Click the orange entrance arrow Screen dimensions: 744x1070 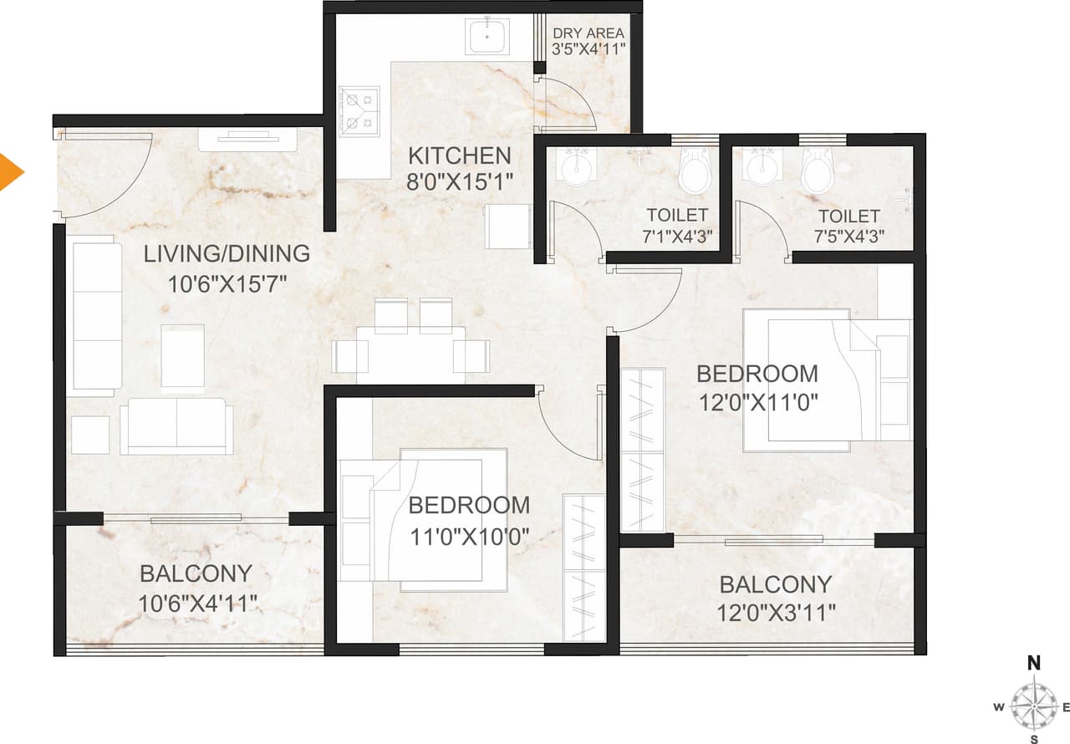coord(10,171)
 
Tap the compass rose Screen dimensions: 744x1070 coord(1034,706)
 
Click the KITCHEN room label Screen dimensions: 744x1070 coord(459,155)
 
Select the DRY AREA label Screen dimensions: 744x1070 coord(589,34)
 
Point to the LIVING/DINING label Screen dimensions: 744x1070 coord(227,253)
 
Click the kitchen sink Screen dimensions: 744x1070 coord(487,37)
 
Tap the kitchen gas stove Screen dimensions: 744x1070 coord(359,111)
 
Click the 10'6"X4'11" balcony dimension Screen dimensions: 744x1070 coord(197,603)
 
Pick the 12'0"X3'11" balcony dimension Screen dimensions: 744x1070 coord(777,613)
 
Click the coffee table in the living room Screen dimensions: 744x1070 coord(182,355)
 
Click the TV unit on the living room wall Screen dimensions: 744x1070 coord(248,139)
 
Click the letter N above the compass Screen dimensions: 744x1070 coord(1034,664)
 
